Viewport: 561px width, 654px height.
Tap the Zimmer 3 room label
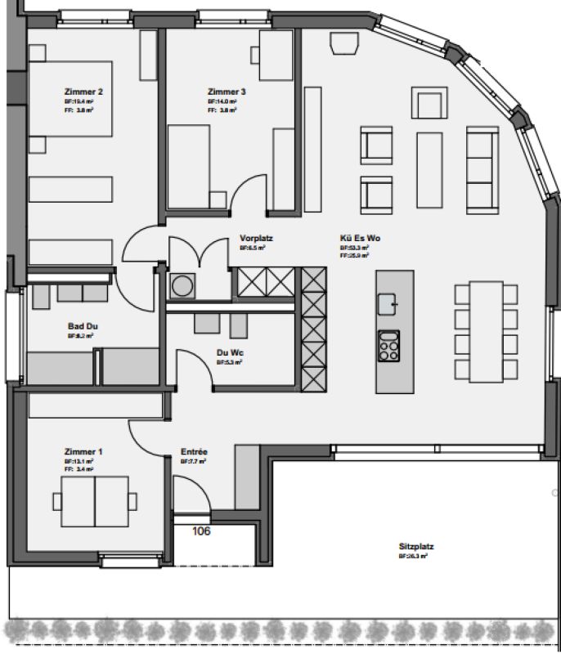[226, 92]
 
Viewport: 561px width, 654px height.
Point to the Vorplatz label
[255, 238]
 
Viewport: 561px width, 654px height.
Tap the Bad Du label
[83, 325]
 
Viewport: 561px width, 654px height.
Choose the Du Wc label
[227, 353]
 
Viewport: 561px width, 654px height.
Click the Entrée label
[194, 451]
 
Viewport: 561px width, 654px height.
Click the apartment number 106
[200, 531]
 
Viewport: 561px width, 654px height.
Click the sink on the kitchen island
[388, 304]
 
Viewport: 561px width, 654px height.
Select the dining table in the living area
[486, 330]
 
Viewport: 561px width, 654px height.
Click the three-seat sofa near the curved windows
[481, 168]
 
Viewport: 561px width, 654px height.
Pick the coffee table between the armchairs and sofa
[429, 168]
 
